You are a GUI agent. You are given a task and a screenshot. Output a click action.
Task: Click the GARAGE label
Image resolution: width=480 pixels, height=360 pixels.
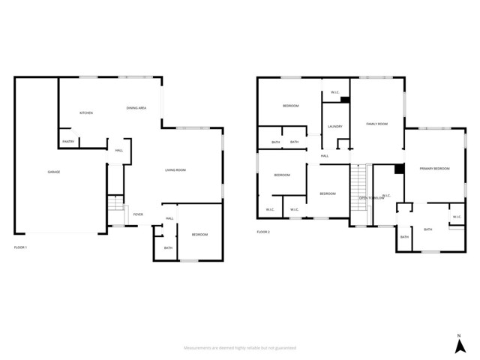(54, 172)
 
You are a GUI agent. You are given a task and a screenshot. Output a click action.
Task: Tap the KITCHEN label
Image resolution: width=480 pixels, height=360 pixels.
(86, 113)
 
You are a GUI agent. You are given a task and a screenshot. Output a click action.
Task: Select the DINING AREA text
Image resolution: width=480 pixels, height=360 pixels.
(136, 109)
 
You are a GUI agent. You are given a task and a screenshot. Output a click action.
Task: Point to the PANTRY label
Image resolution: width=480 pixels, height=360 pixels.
(68, 141)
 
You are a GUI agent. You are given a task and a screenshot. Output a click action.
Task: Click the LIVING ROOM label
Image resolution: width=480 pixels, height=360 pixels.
(175, 170)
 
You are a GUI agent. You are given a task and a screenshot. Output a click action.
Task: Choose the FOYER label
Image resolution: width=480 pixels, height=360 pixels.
(138, 214)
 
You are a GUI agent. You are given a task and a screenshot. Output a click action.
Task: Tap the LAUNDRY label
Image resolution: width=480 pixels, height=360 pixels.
(335, 126)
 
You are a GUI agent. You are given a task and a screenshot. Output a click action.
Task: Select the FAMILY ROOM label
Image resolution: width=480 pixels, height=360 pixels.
(376, 124)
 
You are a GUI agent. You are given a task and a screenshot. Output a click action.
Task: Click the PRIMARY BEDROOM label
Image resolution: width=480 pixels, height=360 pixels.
(434, 169)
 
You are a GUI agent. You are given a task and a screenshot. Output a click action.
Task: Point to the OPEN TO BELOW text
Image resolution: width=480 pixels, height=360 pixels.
(372, 198)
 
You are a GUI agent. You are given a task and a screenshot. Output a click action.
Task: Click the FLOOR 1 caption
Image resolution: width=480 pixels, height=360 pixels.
(20, 247)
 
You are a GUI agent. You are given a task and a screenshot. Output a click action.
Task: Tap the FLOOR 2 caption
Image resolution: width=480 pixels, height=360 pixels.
(263, 232)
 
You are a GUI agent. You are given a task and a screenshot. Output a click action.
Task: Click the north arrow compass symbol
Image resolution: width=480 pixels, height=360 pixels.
(458, 346)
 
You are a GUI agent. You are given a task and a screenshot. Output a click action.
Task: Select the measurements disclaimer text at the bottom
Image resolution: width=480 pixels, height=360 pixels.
(240, 348)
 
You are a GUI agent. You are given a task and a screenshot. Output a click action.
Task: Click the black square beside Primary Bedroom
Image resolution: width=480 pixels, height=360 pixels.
(399, 169)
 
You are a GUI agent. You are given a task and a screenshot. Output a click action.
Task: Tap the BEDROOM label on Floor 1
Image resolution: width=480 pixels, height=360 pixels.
(199, 235)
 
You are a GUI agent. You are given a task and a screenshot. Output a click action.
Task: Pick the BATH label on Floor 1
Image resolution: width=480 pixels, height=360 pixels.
(168, 248)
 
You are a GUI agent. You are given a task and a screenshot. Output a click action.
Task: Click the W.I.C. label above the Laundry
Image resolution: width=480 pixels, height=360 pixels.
(335, 93)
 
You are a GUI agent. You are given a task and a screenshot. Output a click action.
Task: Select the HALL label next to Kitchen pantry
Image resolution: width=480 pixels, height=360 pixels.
(118, 151)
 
